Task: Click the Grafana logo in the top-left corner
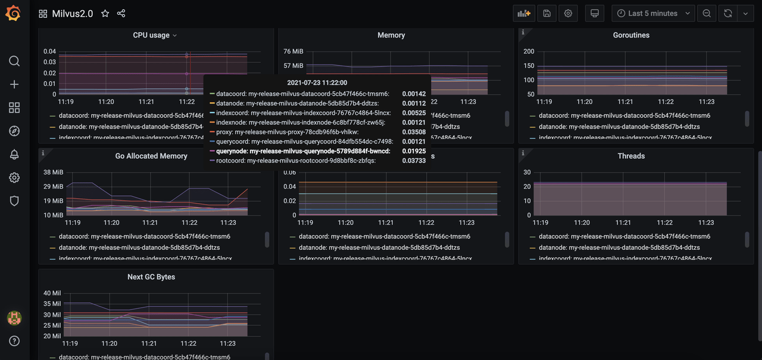(x=13, y=13)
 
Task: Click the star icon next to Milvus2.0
(x=105, y=13)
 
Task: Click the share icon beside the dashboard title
(x=121, y=13)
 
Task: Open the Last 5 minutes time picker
(x=653, y=13)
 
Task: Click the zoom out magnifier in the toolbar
(x=707, y=13)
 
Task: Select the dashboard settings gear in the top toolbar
(x=568, y=13)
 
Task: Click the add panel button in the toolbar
(x=524, y=13)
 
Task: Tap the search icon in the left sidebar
(x=14, y=61)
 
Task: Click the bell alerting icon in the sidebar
(x=14, y=154)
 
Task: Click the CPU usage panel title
(x=151, y=35)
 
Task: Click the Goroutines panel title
(x=631, y=35)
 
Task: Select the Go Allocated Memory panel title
(x=151, y=156)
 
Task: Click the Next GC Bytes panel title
(x=151, y=277)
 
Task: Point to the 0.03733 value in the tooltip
(x=414, y=161)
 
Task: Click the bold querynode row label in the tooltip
(x=303, y=151)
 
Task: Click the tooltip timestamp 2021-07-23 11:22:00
(x=317, y=83)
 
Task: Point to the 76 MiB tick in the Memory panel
(x=293, y=51)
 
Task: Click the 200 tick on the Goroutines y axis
(x=529, y=51)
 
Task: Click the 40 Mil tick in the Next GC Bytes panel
(x=52, y=293)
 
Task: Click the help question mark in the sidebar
(x=14, y=341)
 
